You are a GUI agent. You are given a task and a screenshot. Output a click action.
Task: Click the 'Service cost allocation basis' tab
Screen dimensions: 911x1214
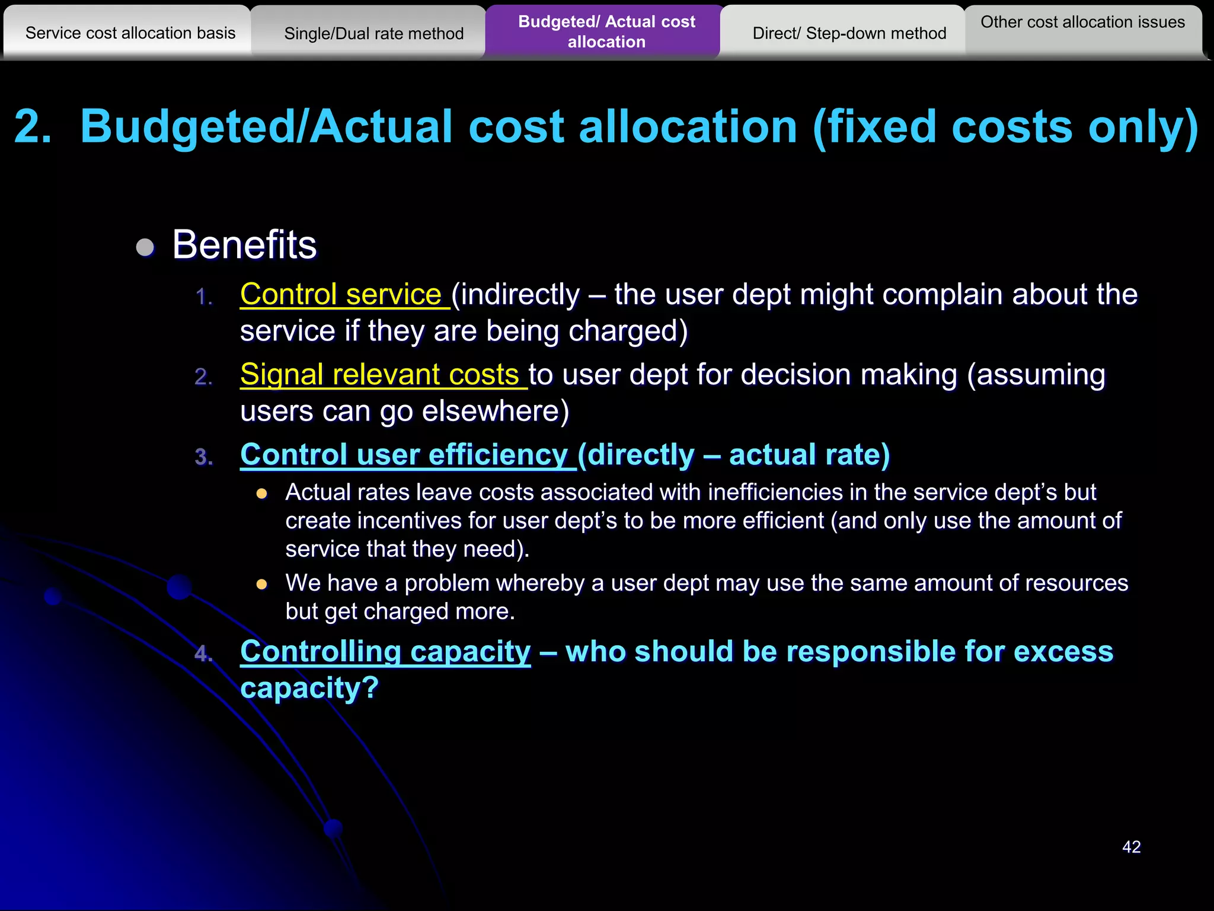coord(130,33)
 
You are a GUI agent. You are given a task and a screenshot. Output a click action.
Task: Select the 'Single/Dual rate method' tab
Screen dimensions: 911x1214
coord(373,34)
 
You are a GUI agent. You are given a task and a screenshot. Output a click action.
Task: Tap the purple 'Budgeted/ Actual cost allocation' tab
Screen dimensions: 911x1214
coord(606,31)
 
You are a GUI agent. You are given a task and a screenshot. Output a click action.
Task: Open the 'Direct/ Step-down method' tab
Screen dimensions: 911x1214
coord(849,34)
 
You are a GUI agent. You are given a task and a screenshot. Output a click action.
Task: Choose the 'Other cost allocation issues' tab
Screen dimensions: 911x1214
coord(1082,23)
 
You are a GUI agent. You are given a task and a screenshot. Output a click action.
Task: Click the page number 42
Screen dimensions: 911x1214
coord(1131,847)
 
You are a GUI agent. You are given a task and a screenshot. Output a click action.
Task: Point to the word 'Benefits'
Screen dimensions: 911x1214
coord(244,244)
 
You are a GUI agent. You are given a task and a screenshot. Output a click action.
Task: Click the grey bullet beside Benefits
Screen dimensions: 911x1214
coord(145,247)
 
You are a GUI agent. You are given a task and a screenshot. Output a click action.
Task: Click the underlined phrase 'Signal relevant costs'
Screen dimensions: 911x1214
coord(380,375)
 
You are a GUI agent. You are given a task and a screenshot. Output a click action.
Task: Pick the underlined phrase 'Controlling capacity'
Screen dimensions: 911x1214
coord(385,652)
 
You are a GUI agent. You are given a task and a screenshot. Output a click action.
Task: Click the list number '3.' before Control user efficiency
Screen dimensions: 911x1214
coord(204,457)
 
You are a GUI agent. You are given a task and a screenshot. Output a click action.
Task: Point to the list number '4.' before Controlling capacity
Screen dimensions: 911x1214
coord(204,654)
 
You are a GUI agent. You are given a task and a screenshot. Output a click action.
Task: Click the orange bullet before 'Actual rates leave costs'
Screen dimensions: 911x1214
coord(262,493)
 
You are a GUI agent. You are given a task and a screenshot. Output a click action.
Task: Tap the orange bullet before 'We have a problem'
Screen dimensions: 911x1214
coord(262,584)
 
